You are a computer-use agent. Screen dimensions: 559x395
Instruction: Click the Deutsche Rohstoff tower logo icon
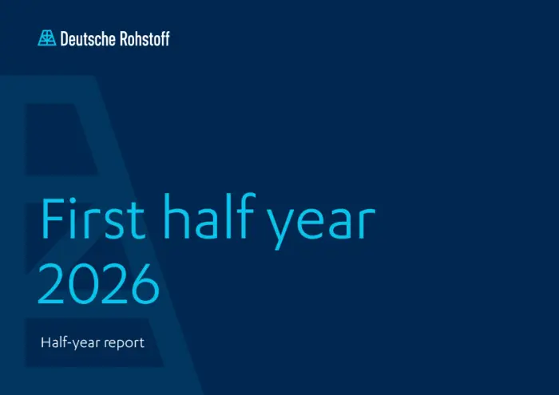pos(46,38)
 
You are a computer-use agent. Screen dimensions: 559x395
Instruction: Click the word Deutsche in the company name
pos(88,38)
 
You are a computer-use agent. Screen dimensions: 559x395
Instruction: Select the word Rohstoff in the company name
pos(145,38)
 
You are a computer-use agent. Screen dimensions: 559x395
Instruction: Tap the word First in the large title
pos(93,217)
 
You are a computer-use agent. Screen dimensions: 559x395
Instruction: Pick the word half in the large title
pos(209,215)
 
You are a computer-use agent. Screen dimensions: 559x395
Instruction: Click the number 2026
pos(99,284)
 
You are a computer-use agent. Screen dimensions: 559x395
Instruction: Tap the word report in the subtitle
pos(124,343)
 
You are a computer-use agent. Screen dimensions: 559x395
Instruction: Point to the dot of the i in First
pos(73,199)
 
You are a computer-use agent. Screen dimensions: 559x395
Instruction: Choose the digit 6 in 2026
pos(145,284)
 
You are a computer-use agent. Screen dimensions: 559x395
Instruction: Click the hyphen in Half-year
pos(69,343)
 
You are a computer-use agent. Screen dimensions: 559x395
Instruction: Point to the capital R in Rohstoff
pos(124,39)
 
